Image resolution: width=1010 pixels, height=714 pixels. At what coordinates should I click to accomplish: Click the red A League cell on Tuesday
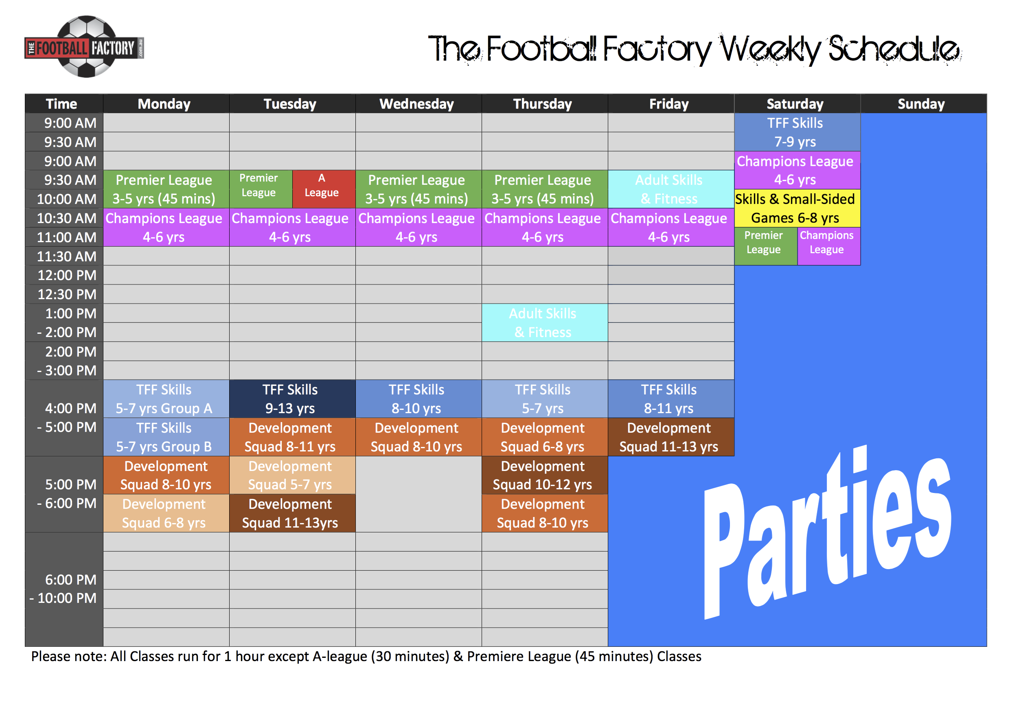pos(324,189)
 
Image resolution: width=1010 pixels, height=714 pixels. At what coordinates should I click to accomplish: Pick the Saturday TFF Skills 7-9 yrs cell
pos(797,132)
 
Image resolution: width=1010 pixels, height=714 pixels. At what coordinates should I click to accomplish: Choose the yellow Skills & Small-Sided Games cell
pos(797,208)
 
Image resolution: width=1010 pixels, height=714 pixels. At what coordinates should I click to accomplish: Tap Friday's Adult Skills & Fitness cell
pos(671,189)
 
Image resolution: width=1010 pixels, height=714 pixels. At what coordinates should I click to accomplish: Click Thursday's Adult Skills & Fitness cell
pos(545,323)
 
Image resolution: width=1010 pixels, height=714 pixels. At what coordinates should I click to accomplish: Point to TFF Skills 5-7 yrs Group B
pos(166,437)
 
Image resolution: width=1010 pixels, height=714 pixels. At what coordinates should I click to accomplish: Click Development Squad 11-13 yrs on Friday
pos(671,437)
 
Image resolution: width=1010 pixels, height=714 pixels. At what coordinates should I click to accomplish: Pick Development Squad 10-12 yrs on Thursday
pos(545,475)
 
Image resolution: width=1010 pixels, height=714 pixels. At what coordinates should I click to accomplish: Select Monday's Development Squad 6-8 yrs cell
pos(166,513)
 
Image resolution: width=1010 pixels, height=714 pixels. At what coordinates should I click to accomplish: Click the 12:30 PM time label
pos(67,294)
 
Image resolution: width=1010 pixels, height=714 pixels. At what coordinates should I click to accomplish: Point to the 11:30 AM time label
pos(66,256)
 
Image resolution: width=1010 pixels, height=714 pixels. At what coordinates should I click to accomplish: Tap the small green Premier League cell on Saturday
pos(765,246)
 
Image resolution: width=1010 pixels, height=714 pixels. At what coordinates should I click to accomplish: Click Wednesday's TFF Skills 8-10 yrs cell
pos(418,399)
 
